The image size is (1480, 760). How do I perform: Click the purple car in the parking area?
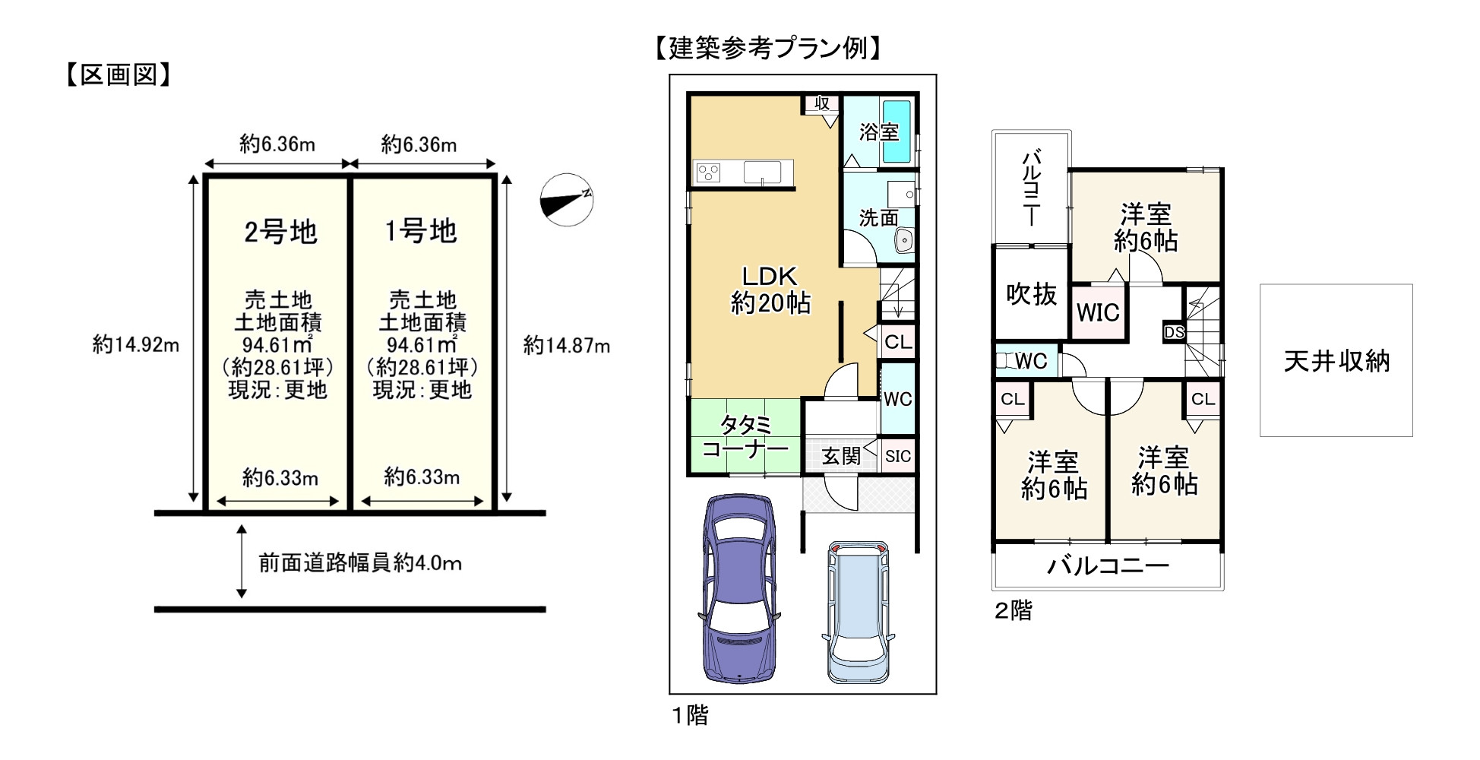(740, 589)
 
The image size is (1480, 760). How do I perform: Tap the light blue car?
(857, 613)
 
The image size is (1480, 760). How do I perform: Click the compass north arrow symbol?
(566, 201)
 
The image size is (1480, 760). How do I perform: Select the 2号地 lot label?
(280, 232)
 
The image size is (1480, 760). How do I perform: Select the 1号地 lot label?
(421, 230)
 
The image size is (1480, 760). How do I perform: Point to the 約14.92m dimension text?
(136, 345)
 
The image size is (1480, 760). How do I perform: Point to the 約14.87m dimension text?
(566, 346)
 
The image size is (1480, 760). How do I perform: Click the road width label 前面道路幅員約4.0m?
(360, 563)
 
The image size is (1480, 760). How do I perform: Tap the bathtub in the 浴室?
(900, 132)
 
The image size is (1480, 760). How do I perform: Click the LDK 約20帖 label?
(770, 290)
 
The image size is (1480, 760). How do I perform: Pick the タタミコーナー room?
(745, 436)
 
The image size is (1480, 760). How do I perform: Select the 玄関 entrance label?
(841, 456)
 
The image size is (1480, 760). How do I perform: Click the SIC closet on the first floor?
(898, 456)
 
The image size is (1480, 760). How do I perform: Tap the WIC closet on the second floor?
(1098, 312)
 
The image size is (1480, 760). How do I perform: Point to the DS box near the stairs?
(1174, 332)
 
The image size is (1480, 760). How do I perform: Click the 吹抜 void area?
(1031, 294)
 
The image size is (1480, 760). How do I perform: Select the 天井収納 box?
(1336, 360)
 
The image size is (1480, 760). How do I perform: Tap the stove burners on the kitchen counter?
(708, 173)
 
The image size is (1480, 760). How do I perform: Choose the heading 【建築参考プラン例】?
(769, 49)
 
